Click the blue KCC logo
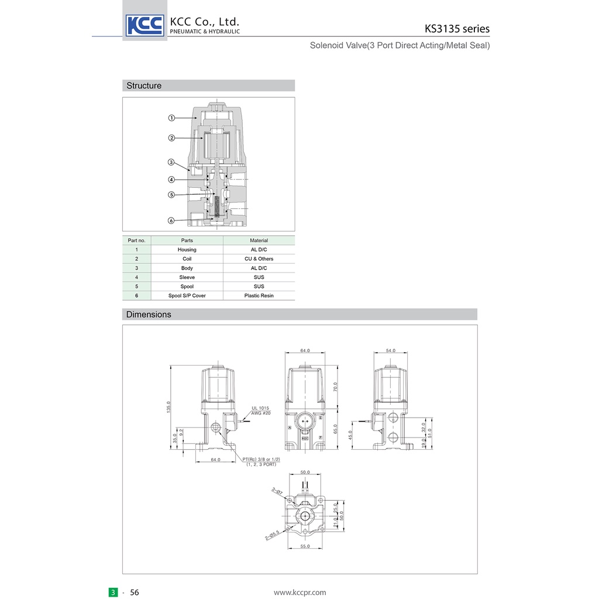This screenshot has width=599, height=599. click(145, 25)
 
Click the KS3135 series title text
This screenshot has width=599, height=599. click(457, 29)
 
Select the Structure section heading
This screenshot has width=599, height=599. click(144, 85)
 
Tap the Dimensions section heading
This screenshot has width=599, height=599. click(149, 314)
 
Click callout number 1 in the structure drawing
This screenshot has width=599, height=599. click(171, 118)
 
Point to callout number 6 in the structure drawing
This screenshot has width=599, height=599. click(171, 221)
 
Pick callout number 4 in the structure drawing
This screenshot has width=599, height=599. click(171, 180)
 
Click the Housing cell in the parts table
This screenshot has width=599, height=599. click(187, 249)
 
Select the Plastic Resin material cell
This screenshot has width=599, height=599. click(259, 295)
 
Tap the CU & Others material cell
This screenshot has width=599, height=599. click(259, 259)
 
